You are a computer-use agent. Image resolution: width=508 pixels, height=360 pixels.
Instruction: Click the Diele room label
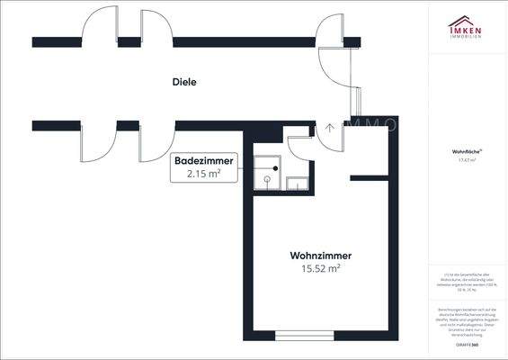184,82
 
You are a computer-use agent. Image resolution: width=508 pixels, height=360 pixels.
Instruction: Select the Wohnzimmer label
320,255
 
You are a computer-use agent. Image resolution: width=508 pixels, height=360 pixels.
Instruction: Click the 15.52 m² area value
320,268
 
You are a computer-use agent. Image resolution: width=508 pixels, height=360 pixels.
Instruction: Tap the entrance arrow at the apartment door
330,127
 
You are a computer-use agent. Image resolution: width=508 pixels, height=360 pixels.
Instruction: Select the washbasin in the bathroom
295,183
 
